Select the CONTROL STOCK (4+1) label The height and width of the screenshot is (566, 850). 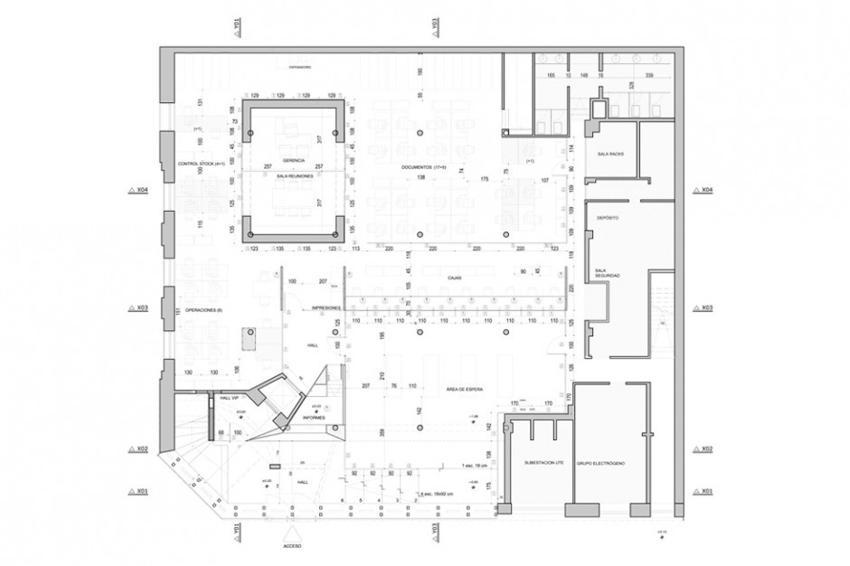tap(201, 165)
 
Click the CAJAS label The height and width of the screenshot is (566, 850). tap(455, 278)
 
